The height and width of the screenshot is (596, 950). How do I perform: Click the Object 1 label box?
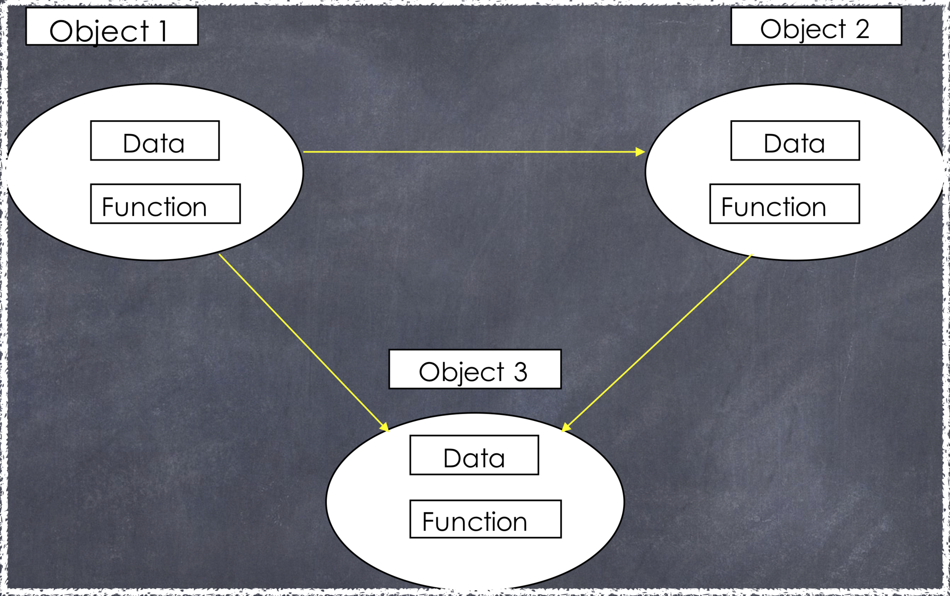click(x=112, y=26)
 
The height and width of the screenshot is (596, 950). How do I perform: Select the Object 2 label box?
click(x=816, y=26)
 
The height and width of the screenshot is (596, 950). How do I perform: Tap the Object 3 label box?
click(x=475, y=369)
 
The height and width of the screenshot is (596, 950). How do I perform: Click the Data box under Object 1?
click(x=154, y=140)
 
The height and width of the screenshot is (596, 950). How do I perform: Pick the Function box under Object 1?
click(x=165, y=204)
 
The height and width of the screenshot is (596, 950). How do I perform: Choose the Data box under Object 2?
click(x=795, y=140)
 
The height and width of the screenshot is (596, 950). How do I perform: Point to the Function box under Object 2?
click(x=784, y=204)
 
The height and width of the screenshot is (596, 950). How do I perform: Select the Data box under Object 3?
click(x=474, y=455)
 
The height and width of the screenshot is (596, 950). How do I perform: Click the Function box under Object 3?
click(x=485, y=519)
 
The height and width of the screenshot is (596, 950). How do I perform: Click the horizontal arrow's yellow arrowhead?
click(x=640, y=152)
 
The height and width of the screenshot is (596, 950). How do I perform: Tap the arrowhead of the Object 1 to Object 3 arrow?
click(x=384, y=426)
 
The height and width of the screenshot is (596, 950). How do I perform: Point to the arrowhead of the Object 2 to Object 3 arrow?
click(x=567, y=427)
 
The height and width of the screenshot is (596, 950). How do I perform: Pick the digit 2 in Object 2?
click(x=863, y=29)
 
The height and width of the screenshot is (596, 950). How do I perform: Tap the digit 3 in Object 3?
click(x=521, y=372)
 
